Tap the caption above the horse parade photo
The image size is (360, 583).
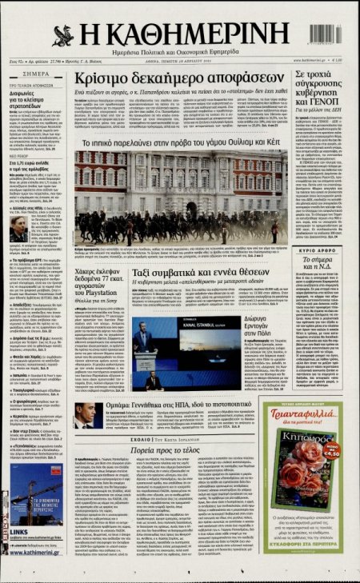[181, 142]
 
